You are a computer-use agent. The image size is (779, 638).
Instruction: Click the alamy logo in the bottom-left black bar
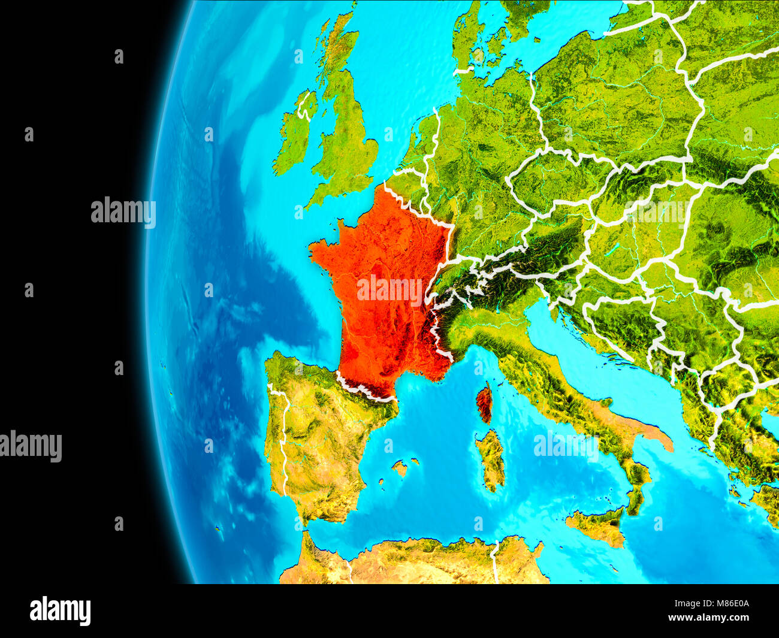[60, 610]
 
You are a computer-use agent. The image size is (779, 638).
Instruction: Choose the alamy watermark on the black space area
[123, 212]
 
